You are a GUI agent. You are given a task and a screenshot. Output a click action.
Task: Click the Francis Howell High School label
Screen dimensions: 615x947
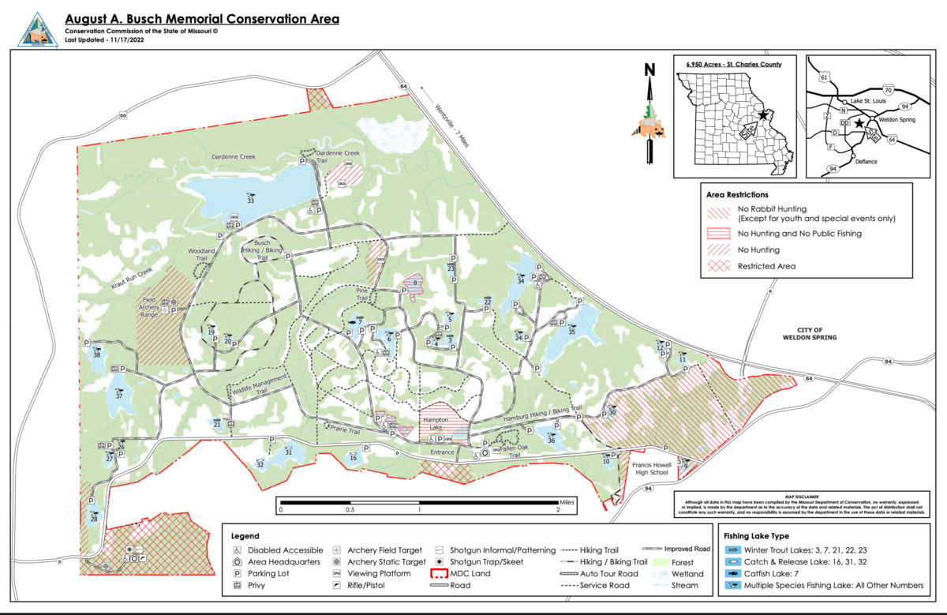point(652,470)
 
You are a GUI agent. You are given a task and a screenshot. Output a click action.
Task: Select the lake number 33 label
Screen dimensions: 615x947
point(251,201)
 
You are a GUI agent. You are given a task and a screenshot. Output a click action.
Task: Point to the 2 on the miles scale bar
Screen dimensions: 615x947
point(558,510)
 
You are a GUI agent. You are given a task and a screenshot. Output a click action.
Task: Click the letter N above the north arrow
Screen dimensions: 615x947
point(649,69)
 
